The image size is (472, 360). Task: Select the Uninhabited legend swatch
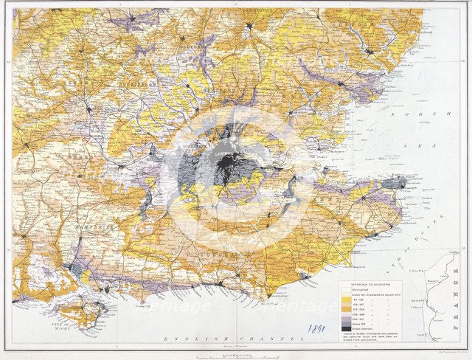click(x=346, y=289)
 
